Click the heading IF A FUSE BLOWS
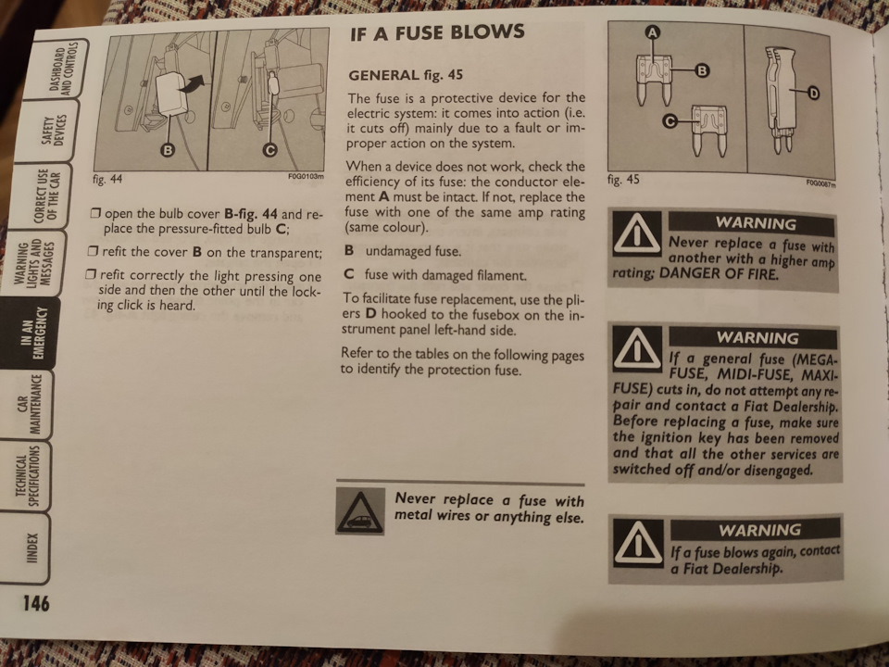coord(437,33)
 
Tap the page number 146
coord(36,603)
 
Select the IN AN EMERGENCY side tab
coord(31,333)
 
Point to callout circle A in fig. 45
coord(653,33)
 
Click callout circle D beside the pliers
coord(813,93)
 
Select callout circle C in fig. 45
coord(670,121)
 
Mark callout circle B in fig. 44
coord(168,150)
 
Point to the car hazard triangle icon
coord(360,511)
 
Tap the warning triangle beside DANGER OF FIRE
coord(638,234)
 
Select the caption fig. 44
coord(107,179)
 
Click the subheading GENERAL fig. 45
coord(406,75)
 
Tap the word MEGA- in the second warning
coord(814,359)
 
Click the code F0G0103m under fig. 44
coord(306,176)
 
